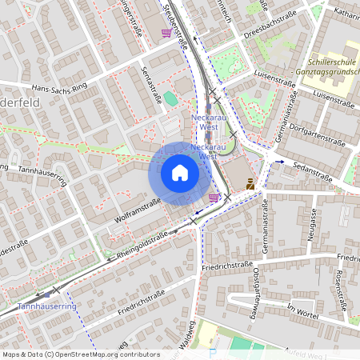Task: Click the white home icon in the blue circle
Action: (179, 173)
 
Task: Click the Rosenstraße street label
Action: (344, 290)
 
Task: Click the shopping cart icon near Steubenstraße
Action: (166, 33)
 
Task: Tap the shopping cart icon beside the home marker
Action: (213, 197)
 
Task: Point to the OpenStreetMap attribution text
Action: (81, 354)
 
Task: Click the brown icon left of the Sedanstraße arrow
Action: (250, 183)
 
